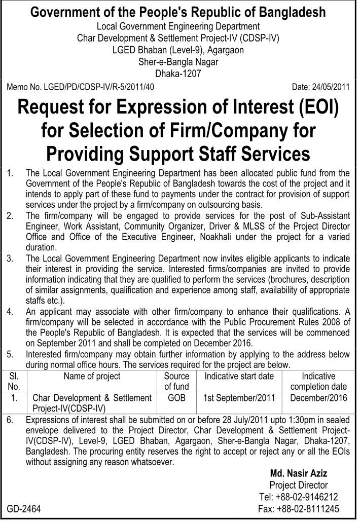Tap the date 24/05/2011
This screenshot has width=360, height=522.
pyautogui.click(x=321, y=86)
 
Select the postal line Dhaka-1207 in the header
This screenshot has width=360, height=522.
pyautogui.click(x=178, y=73)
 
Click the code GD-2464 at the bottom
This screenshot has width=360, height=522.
pyautogui.click(x=24, y=508)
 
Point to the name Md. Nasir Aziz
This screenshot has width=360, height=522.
pyautogui.click(x=299, y=473)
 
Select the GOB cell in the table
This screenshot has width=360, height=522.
pyautogui.click(x=176, y=398)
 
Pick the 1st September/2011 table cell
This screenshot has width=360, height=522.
pyautogui.click(x=238, y=398)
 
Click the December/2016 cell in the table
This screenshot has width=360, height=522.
pyautogui.click(x=319, y=398)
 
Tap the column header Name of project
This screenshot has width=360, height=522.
pyautogui.click(x=92, y=376)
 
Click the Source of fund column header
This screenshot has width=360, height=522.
pyautogui.click(x=176, y=381)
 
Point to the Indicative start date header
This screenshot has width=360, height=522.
pyautogui.click(x=238, y=376)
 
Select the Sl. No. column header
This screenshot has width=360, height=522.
pyautogui.click(x=14, y=381)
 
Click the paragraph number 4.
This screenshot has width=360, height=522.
pyautogui.click(x=10, y=311)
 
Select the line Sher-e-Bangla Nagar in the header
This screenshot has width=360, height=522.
pyautogui.click(x=178, y=62)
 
